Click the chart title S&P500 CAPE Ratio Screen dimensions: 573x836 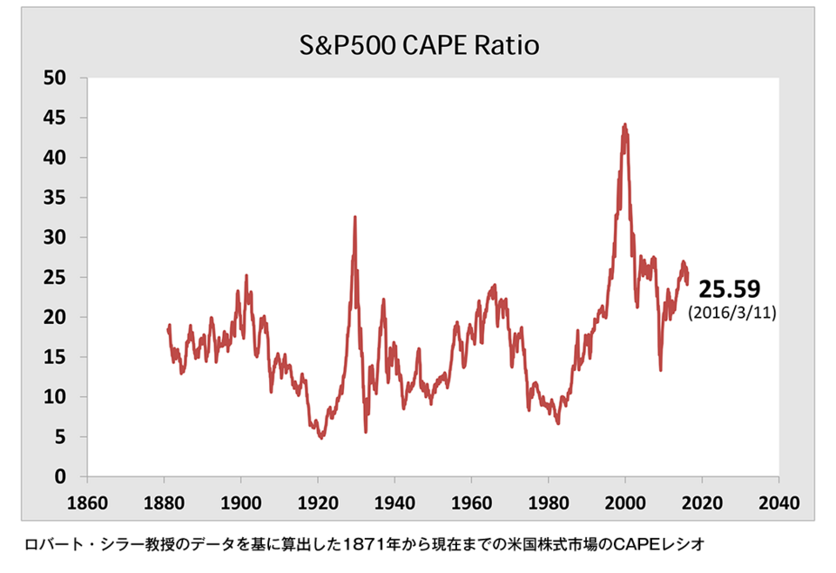417,45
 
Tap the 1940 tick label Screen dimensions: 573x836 394,502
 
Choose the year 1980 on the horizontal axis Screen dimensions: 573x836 548,502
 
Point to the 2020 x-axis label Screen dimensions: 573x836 702,502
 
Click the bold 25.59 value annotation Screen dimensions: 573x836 730,290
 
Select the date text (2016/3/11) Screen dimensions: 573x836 731,313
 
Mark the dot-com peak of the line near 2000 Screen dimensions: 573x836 624,125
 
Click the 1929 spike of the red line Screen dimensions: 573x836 354,217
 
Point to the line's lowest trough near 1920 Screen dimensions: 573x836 321,437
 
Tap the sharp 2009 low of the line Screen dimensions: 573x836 660,370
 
